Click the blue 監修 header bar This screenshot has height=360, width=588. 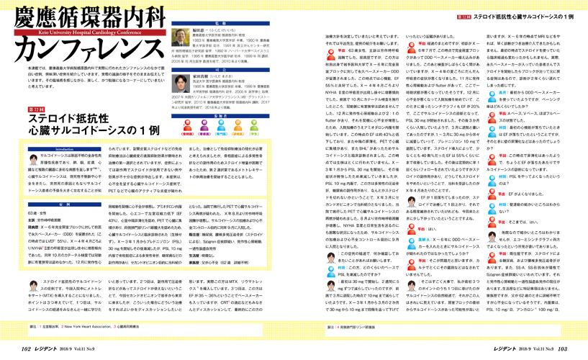221,23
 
